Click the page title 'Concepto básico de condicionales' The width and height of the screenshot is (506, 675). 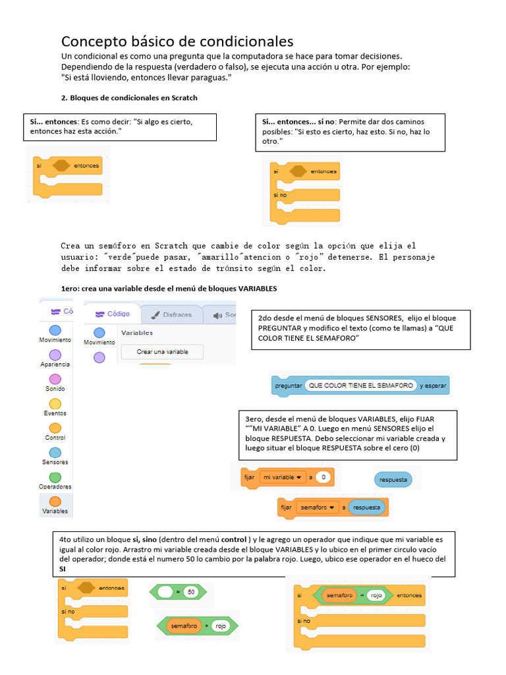click(x=177, y=42)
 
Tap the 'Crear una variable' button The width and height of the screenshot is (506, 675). click(x=162, y=352)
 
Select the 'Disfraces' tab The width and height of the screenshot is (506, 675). click(x=170, y=315)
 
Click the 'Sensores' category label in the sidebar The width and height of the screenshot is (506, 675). click(x=55, y=462)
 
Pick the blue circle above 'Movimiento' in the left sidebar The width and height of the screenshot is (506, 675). click(x=55, y=330)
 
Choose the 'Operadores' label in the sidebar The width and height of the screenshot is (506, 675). click(x=55, y=486)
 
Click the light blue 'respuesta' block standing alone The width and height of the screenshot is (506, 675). click(x=393, y=479)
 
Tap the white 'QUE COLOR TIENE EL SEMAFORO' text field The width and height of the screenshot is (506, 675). click(x=360, y=386)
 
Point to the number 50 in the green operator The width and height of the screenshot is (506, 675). click(x=191, y=592)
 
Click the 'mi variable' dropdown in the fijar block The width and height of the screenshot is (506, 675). click(x=282, y=477)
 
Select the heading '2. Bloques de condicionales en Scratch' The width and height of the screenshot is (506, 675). click(x=129, y=98)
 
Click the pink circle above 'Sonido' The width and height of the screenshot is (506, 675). click(x=55, y=379)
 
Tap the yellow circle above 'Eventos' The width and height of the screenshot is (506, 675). click(x=55, y=403)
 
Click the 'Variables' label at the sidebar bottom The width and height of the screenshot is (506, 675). click(x=55, y=511)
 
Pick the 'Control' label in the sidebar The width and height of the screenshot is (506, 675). click(x=55, y=438)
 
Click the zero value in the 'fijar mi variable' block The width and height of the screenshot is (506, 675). click(x=323, y=477)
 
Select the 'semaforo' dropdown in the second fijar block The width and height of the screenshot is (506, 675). click(x=318, y=508)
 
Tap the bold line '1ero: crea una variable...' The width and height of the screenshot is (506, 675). click(x=169, y=289)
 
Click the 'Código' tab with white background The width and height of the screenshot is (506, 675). click(x=112, y=314)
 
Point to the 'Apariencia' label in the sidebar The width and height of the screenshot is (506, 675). click(x=55, y=364)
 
